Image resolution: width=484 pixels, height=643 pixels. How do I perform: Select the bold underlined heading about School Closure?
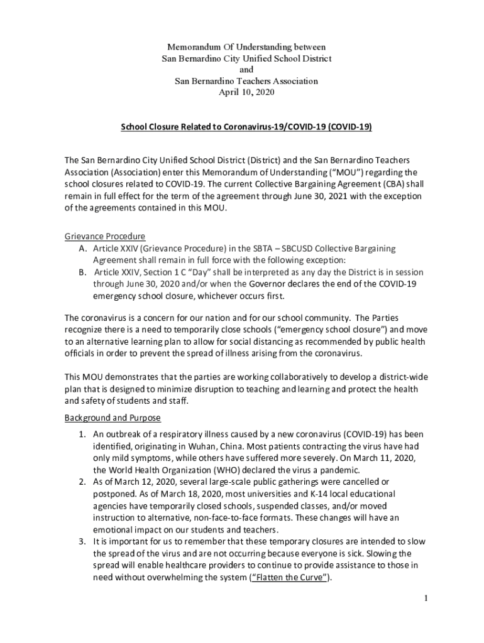pos(246,127)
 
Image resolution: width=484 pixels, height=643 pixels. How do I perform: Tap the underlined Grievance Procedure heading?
pos(105,237)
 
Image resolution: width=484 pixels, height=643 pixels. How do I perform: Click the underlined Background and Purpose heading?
pos(113,418)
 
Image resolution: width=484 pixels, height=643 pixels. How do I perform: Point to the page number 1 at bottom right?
pos(426,598)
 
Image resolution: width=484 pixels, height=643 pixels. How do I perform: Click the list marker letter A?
pos(82,249)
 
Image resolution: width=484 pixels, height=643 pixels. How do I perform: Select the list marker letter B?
pos(82,273)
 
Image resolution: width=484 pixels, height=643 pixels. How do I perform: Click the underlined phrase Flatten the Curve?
pos(289,578)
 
